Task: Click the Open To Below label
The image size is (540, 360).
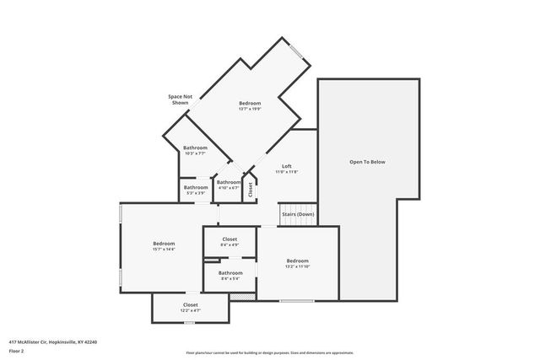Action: tap(368, 161)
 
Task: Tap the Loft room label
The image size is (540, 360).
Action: tap(287, 165)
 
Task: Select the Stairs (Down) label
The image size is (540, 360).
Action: tap(298, 214)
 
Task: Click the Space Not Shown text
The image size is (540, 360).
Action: tap(181, 99)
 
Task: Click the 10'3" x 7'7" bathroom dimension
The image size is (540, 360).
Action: tap(195, 153)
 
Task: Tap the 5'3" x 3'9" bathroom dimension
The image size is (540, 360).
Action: tap(196, 193)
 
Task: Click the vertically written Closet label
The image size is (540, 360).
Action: tap(251, 189)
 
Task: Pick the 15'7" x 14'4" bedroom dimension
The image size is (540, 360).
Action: tap(163, 250)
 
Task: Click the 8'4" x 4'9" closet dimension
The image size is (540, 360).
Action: tap(229, 245)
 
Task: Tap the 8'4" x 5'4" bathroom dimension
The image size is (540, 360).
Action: tap(230, 278)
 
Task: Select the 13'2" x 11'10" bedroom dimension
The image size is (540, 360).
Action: tap(298, 266)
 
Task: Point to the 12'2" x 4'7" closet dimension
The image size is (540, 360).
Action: tap(191, 310)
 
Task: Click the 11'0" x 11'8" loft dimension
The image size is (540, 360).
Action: tap(287, 171)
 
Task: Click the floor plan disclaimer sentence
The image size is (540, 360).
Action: tap(269, 352)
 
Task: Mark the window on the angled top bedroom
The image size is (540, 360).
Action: tap(296, 52)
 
